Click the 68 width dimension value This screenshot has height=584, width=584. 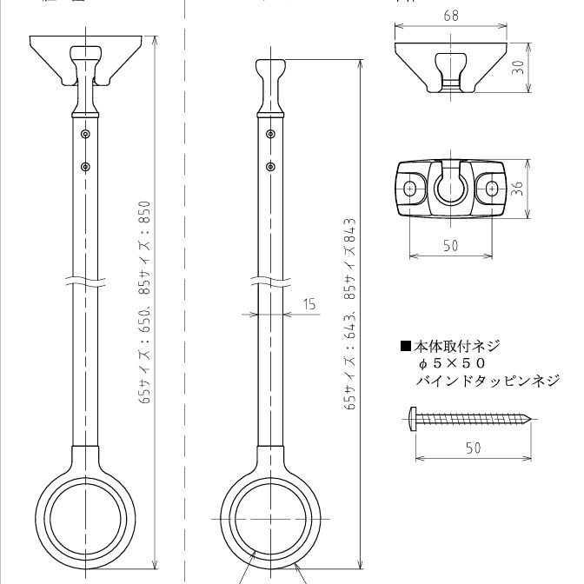pyautogui.click(x=449, y=15)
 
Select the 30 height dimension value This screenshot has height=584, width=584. pyautogui.click(x=519, y=67)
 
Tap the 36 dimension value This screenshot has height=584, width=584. pyautogui.click(x=519, y=188)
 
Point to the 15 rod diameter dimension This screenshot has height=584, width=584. pyautogui.click(x=310, y=304)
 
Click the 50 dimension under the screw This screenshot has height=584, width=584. pyautogui.click(x=472, y=448)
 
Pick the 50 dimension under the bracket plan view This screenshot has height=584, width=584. pyautogui.click(x=450, y=246)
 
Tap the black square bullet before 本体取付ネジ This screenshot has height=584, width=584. pyautogui.click(x=405, y=347)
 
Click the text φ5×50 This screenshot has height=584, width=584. pyautogui.click(x=451, y=363)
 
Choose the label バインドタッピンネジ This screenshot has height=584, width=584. pyautogui.click(x=488, y=381)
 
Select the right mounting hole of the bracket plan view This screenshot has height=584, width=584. pyautogui.click(x=492, y=187)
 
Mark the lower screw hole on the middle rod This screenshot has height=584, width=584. pyautogui.click(x=271, y=165)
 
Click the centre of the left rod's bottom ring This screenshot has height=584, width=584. pyautogui.click(x=85, y=513)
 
